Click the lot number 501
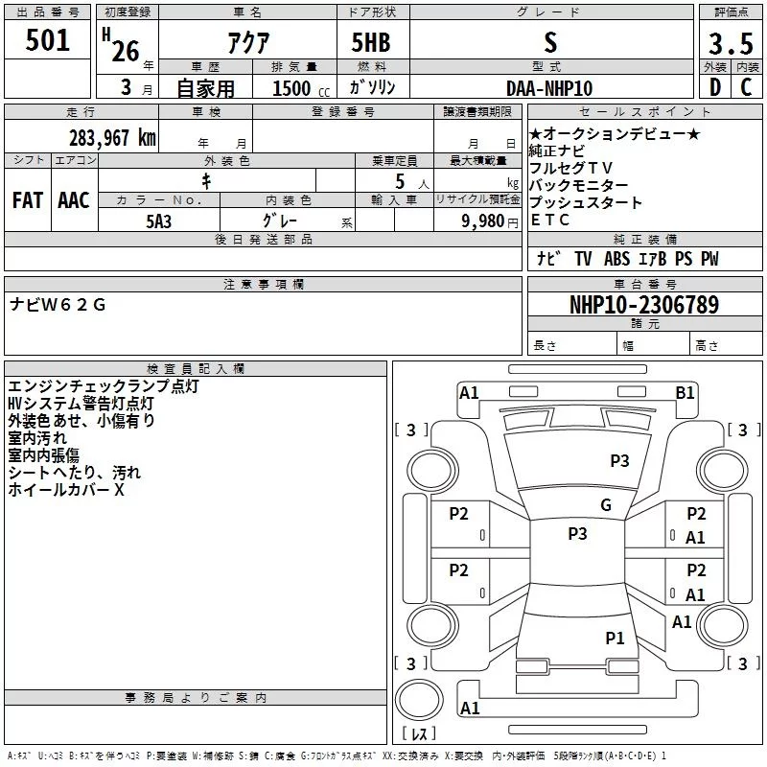coord(47,40)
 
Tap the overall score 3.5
coord(731,44)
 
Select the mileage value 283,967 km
coord(112,138)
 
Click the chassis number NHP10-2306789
coord(644,305)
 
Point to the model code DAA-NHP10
coord(549,88)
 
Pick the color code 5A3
coord(159,221)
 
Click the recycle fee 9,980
coord(483,221)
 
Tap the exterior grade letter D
coord(715,87)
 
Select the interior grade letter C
coord(746,87)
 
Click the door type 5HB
coord(371,42)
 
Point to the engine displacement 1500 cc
coord(301,88)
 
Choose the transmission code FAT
coord(28,200)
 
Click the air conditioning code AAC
coord(74,200)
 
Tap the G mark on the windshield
coord(606,504)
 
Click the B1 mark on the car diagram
coord(685,393)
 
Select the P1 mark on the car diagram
coord(615,638)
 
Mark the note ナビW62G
coord(58,305)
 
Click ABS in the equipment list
coord(616,258)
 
